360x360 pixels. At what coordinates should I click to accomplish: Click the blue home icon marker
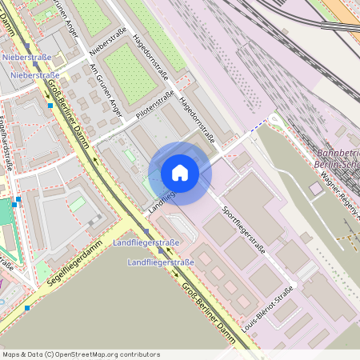coord(180,173)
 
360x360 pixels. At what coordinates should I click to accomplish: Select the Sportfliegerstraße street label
coord(242,226)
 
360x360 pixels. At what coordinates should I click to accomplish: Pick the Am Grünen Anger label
coord(106,88)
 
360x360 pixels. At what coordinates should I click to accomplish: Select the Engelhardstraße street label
coord(6,144)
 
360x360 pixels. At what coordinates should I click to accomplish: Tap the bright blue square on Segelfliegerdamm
coord(27,308)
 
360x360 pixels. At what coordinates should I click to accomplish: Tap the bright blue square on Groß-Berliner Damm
coord(50,105)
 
